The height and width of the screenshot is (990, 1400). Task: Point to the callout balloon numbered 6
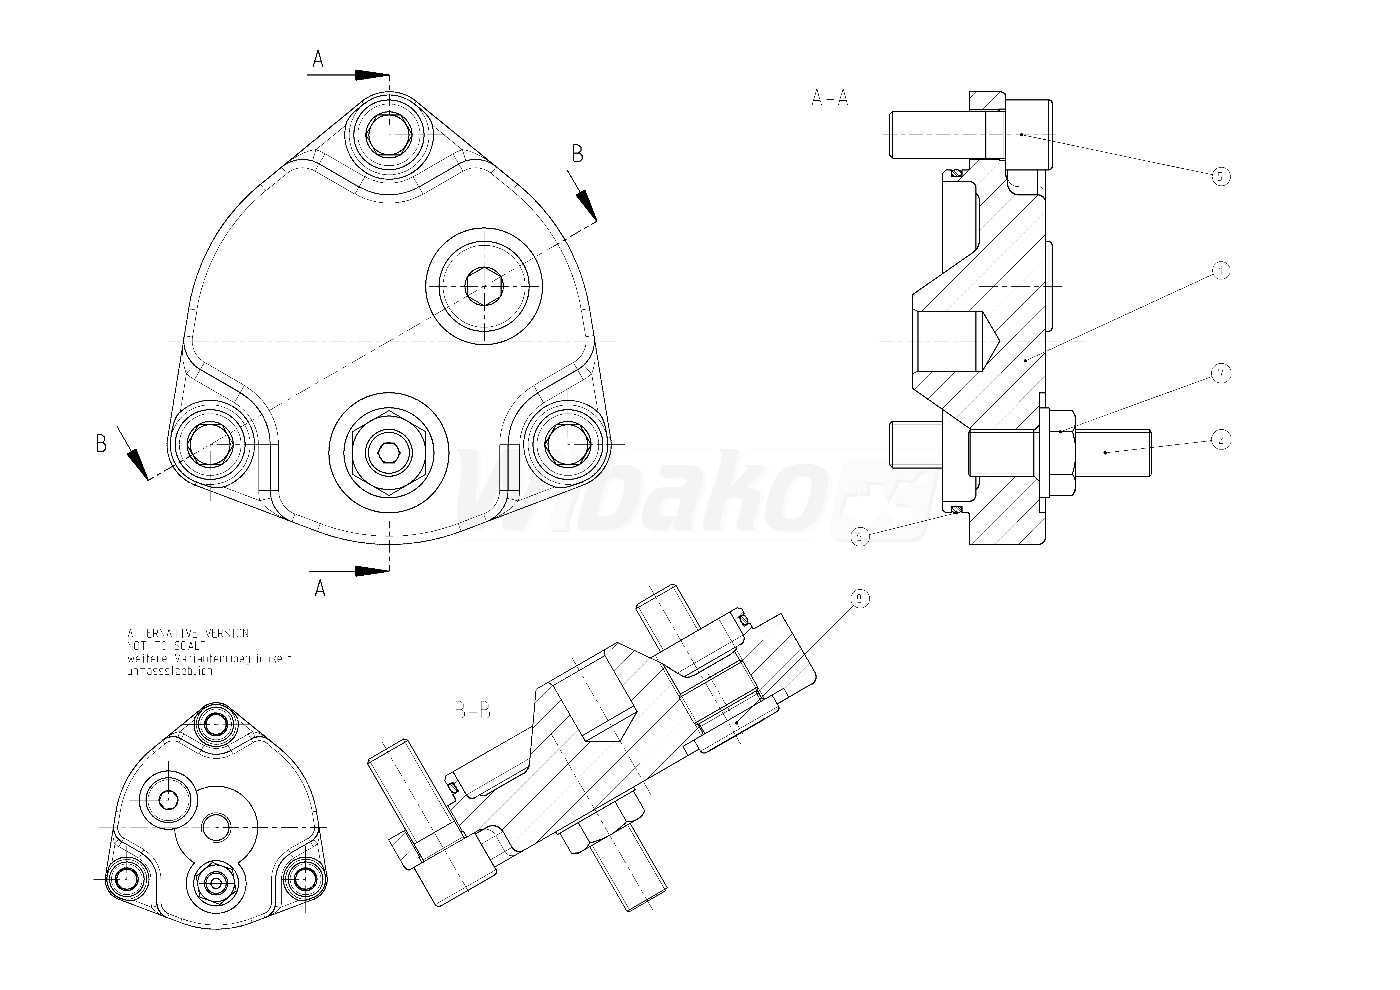860,536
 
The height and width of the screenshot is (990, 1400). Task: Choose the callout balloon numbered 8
859,599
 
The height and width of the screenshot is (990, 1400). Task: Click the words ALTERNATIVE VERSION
188,633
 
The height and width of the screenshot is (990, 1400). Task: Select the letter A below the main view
319,588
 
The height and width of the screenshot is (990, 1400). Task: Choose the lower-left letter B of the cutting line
101,443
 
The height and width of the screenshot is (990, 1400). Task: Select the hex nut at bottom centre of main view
389,453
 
